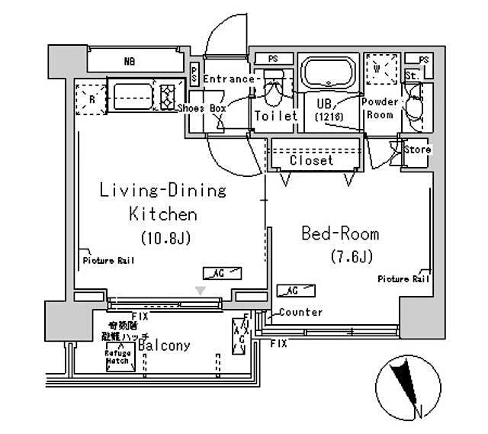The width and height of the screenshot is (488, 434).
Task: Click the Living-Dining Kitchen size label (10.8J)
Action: click(164, 238)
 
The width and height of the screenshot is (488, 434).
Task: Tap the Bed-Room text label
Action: click(339, 234)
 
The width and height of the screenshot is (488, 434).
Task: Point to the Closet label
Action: click(311, 161)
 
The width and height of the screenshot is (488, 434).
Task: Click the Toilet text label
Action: click(275, 116)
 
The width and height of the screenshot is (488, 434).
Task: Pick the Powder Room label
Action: click(380, 108)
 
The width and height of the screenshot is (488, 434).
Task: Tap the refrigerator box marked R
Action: click(91, 98)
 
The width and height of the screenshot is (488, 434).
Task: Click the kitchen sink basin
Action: click(133, 95)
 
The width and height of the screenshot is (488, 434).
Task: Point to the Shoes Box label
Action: click(202, 109)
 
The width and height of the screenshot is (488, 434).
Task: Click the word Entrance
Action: click(228, 79)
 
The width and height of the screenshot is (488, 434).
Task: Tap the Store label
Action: click(417, 149)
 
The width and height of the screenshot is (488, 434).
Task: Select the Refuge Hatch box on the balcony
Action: click(118, 356)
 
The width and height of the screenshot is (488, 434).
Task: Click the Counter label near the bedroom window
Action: click(300, 312)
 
